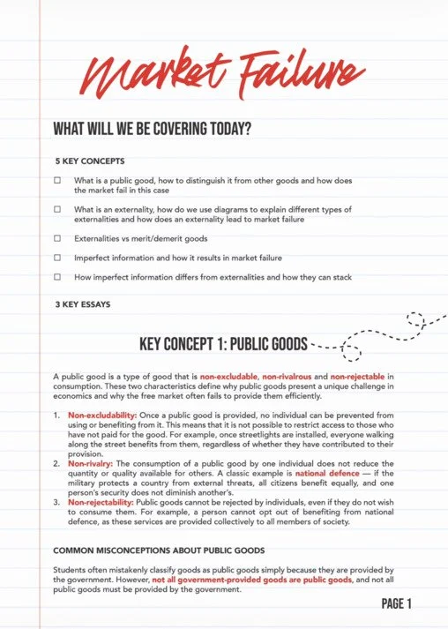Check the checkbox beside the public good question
click(57, 180)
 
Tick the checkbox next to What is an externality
click(57, 209)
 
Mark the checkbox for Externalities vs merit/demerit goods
click(57, 238)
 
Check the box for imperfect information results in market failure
click(57, 258)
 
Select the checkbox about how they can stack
click(57, 277)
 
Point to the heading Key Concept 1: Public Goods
click(224, 343)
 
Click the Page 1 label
click(396, 604)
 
